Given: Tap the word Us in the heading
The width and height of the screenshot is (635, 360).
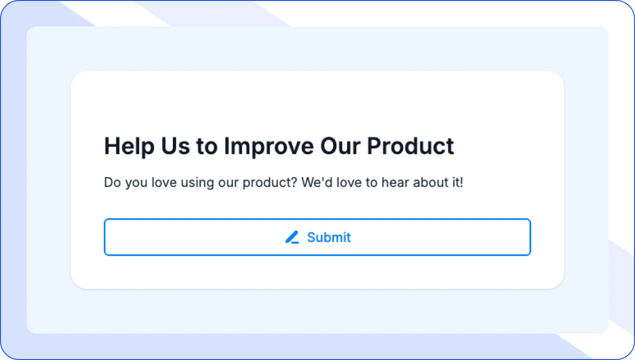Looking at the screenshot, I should pyautogui.click(x=175, y=146).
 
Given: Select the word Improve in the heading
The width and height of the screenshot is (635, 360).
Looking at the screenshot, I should pyautogui.click(x=268, y=146).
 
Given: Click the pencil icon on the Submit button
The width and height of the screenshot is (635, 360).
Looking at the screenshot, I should pyautogui.click(x=292, y=237).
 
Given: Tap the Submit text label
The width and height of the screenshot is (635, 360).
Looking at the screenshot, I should pyautogui.click(x=329, y=237).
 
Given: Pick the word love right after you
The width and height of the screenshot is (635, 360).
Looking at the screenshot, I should pyautogui.click(x=161, y=182).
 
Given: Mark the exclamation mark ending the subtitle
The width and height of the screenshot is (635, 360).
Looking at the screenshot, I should pyautogui.click(x=462, y=182).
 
